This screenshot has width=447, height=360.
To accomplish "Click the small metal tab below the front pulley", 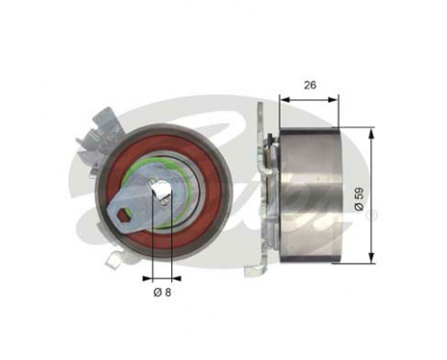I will (114, 257).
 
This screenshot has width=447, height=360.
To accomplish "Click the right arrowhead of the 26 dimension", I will (336, 97).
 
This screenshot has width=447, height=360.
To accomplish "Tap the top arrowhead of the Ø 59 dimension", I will (369, 132).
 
